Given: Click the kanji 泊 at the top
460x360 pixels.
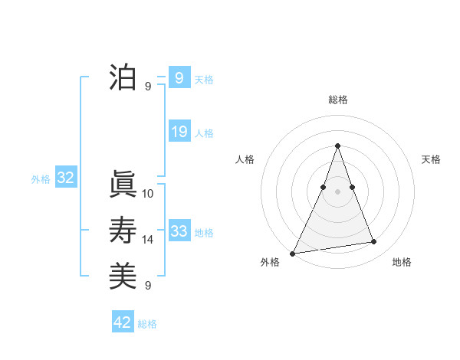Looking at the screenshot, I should coord(123,77).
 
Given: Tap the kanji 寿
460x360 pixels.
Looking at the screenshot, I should coord(123,231).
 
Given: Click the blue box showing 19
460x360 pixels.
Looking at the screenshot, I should coord(179,132).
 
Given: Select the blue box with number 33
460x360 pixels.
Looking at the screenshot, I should coord(179,231).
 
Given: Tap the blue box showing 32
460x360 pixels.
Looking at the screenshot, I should coord(66,178).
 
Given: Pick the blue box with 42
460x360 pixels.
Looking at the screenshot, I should coord(123,322).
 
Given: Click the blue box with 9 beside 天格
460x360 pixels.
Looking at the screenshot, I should coord(179,77).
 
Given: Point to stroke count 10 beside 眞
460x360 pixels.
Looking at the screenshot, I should coord(148,194).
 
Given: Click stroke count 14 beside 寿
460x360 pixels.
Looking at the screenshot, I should coord(148,240).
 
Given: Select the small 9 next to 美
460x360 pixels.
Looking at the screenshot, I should coord(148,285).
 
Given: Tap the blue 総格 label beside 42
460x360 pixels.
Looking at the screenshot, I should coord(147,324).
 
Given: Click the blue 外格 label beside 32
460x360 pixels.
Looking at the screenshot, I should coord(41,179).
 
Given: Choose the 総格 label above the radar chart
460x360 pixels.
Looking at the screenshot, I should coord(337,100).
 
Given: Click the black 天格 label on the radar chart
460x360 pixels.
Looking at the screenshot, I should coord(431,159).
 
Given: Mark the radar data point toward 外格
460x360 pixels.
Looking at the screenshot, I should coord(293,253).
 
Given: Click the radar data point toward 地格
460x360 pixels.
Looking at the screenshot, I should coord(374,242).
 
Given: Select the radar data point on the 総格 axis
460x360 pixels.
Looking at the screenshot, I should coord(337,146).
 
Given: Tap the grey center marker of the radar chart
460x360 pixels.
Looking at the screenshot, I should coord(337,191).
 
